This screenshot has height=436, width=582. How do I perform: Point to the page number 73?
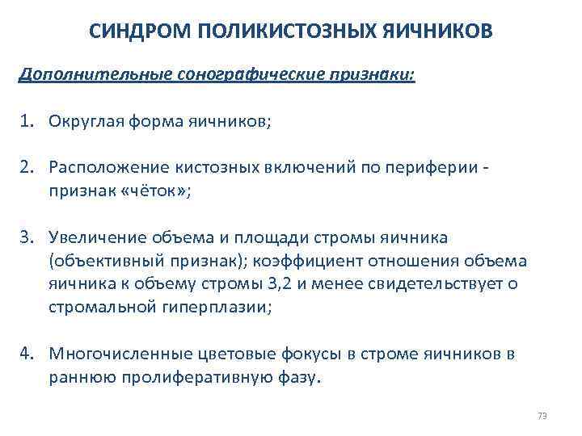click(542, 417)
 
